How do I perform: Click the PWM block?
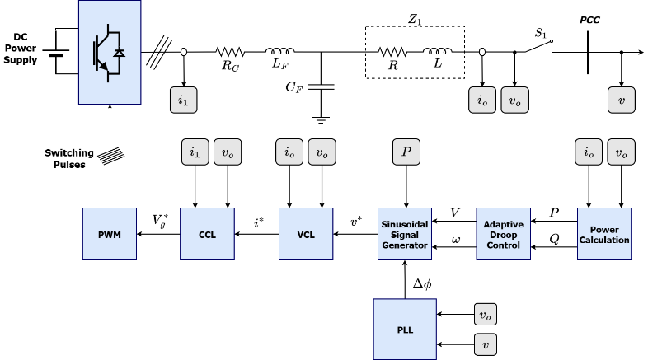pos(110,234)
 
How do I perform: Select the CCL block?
pos(207,234)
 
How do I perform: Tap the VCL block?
pos(306,234)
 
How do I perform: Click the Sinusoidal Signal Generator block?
pos(405,234)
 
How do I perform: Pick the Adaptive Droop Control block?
pos(504,234)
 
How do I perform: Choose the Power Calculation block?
pos(604,234)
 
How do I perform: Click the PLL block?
pos(405,329)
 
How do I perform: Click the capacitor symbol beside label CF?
pos(321,86)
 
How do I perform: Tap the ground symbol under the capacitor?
pos(321,120)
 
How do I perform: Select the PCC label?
pos(589,20)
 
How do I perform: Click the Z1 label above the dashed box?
pos(415,19)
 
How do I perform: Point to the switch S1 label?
pos(541,33)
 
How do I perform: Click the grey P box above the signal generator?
pos(406,152)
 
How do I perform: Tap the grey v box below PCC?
pos(621,100)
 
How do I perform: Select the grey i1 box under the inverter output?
pos(184,100)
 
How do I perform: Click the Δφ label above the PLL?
pos(422,283)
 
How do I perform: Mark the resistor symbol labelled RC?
pos(230,52)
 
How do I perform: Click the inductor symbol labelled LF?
pos(279,51)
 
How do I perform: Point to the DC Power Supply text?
pos(21,49)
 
